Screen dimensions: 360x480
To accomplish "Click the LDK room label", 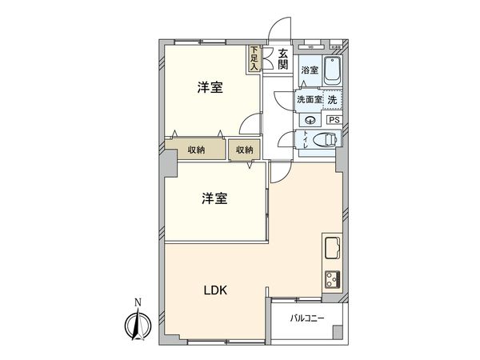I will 214,291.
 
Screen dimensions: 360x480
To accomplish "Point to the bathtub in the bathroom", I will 334,71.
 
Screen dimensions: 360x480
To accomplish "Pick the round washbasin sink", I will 310,119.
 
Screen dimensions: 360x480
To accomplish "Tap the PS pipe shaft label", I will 334,119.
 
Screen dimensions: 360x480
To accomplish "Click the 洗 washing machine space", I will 332,99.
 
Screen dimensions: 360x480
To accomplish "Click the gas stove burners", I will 332,279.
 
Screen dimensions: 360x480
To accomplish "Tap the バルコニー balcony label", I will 307,318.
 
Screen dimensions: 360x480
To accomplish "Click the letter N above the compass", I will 138,302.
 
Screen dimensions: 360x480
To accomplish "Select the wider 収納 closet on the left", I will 197,150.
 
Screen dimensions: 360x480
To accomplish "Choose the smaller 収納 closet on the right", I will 244,150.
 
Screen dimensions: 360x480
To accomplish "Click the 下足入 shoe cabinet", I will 254,59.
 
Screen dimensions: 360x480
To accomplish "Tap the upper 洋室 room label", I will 210,88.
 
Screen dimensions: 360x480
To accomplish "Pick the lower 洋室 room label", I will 214,198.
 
